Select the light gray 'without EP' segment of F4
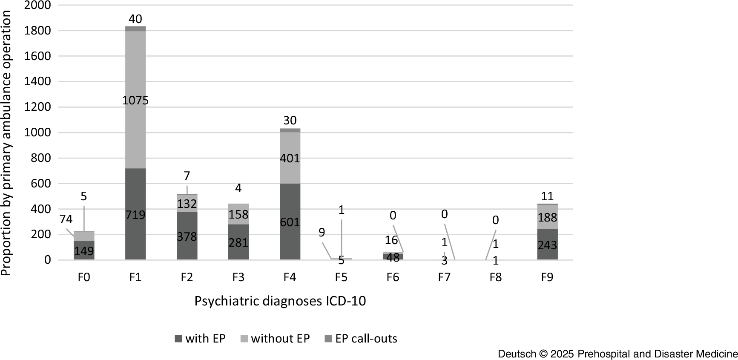(290, 147)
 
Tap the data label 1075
(135, 100)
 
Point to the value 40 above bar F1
(135, 19)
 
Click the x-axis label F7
(444, 277)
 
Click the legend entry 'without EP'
(280, 339)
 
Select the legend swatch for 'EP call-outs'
(328, 339)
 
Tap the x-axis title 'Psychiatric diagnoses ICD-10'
(280, 301)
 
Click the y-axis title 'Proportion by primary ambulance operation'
(6, 143)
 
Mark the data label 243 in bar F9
(547, 245)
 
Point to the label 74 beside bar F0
(66, 219)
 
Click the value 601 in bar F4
(290, 222)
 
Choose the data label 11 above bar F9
(547, 196)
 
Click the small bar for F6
(393, 256)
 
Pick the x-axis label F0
(84, 277)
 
